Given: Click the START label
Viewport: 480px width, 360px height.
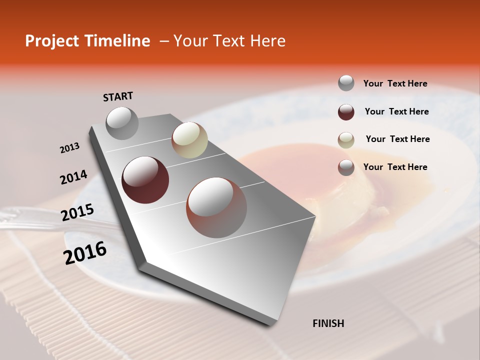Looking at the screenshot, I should point(118,96).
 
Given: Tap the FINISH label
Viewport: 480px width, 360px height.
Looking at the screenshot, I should point(328,323).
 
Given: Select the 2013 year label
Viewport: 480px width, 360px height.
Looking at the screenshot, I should point(69,148).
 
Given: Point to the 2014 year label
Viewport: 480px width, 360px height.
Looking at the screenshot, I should point(73,177).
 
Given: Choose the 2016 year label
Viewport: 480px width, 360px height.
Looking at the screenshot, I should point(85,253).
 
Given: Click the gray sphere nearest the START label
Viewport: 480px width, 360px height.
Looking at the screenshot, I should point(122,123).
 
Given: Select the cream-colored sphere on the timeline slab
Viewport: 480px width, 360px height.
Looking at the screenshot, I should point(189,140).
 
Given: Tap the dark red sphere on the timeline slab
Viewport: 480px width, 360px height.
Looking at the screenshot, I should point(145,180).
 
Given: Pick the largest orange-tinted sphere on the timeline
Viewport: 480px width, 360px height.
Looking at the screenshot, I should point(216,207).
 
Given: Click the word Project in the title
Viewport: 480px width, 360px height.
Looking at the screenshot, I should point(52,41).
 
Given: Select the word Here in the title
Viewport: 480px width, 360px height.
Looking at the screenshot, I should point(267,41).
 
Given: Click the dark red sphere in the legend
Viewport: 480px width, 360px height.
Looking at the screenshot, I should point(346,112).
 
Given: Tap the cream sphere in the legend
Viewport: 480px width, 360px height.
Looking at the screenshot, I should point(346,140).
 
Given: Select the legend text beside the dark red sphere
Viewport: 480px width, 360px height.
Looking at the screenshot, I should point(396,111).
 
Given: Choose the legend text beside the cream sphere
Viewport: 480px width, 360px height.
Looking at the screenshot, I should point(397,139).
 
